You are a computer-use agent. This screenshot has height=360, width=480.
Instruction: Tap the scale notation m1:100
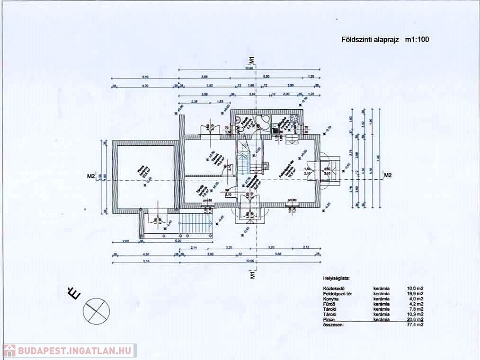click(x=417, y=40)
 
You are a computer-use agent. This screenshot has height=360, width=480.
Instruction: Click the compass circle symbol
click(x=96, y=310)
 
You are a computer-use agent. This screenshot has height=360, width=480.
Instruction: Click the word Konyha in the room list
click(x=330, y=299)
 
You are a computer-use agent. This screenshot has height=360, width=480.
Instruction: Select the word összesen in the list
click(x=333, y=325)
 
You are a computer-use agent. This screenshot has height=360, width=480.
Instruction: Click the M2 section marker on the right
click(x=388, y=176)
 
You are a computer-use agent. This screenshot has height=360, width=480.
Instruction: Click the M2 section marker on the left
click(x=91, y=176)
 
